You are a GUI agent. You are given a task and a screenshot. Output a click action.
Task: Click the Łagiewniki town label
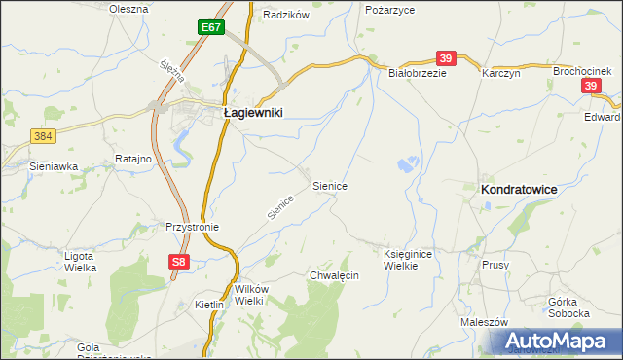(x=253, y=113)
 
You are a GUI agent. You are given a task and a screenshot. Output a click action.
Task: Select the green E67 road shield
(x=212, y=27)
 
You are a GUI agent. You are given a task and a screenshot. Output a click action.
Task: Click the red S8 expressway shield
(x=177, y=262)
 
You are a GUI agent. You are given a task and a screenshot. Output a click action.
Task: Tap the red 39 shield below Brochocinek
(x=592, y=87)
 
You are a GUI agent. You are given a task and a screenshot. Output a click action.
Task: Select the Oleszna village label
(x=128, y=9)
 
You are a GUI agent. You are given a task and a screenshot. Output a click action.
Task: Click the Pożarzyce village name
(x=389, y=9)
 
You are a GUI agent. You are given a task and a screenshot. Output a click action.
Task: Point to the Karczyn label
(x=502, y=73)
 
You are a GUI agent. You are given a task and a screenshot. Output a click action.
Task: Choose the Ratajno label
(x=130, y=159)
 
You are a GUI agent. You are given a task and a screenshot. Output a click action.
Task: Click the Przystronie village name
(x=193, y=227)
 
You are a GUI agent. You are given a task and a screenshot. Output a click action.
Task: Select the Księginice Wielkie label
(x=407, y=259)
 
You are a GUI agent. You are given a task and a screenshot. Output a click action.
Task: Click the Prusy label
(x=495, y=265)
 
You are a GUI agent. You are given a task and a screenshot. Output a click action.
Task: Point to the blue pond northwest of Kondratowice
(x=410, y=165)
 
